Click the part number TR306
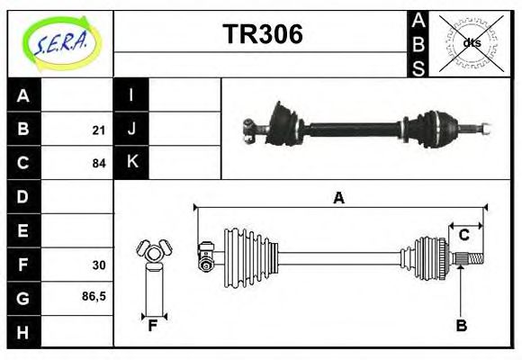tap(262, 35)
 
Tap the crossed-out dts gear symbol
tap(470, 42)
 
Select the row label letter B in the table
tap(23, 130)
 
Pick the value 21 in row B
tap(98, 130)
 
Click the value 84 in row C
tap(98, 164)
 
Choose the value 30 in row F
tap(98, 265)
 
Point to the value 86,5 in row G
tap(94, 295)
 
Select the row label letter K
tap(131, 163)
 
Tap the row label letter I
tap(131, 95)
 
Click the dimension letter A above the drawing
tap(338, 198)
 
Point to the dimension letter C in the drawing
tap(464, 235)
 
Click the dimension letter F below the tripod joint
tap(154, 326)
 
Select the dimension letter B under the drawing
tap(461, 326)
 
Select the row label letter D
tap(23, 196)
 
